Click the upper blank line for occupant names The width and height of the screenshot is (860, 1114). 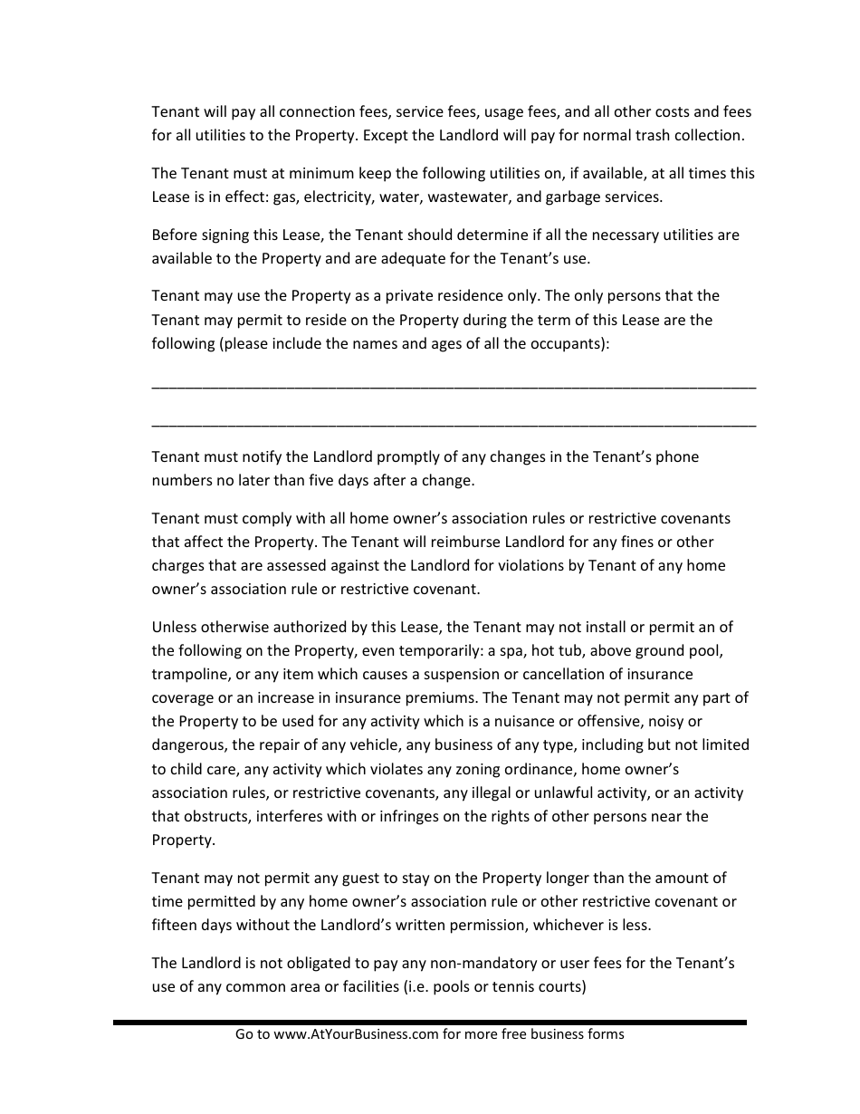click(453, 387)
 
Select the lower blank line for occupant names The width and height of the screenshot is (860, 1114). click(453, 424)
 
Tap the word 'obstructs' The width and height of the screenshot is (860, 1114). click(216, 816)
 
